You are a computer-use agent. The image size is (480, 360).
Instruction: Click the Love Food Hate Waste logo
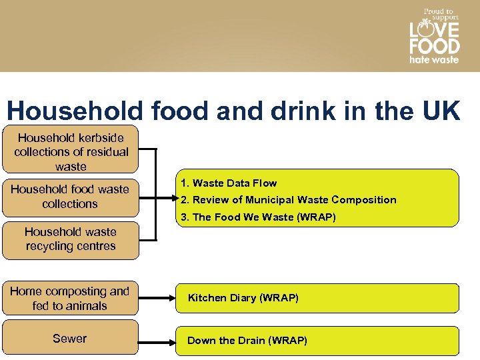coord(434,36)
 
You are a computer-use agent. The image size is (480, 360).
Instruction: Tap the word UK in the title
coord(441,111)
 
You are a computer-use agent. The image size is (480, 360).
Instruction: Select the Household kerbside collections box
coord(71,151)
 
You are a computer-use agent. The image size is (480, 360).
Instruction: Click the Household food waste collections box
coord(70,197)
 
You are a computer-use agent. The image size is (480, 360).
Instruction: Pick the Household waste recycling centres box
coord(70,239)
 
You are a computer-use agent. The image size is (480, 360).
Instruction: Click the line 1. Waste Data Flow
coord(228,183)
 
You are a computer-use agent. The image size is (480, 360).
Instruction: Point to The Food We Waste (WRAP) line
coord(259,217)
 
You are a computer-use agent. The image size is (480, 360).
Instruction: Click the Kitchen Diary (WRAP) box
coord(317,298)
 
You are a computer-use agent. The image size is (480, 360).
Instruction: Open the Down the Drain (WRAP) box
coord(317,341)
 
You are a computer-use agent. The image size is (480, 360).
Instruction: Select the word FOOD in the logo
coord(434,46)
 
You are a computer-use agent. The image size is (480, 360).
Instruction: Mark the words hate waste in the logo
coord(434,59)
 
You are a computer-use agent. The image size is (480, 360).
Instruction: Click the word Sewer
coord(69,339)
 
